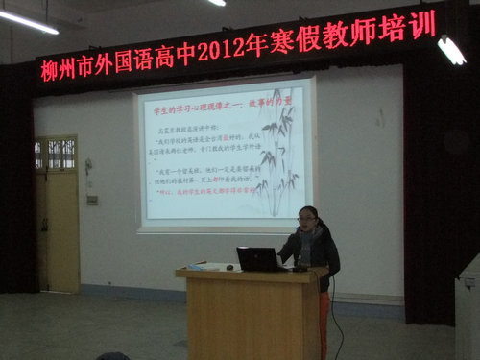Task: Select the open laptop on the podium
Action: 256,259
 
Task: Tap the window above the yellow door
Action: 56,154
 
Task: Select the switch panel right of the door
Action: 92,200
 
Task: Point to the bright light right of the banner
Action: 450,50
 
